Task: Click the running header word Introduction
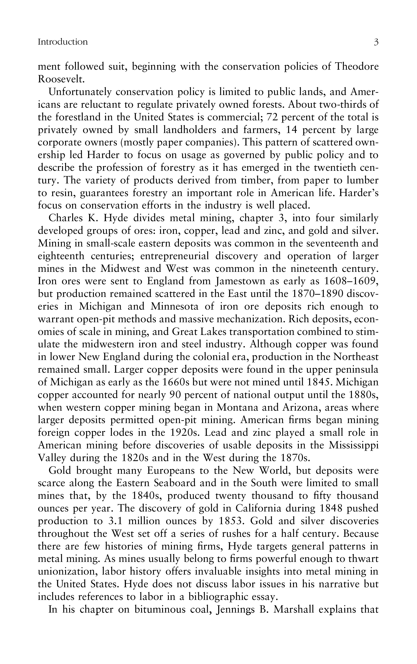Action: [x=63, y=42]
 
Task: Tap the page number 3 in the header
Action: [x=376, y=42]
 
